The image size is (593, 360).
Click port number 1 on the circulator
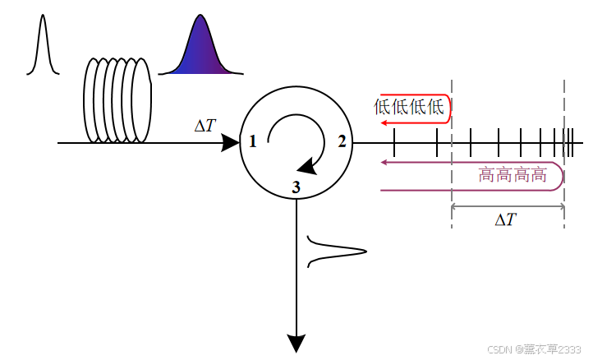pyautogui.click(x=253, y=142)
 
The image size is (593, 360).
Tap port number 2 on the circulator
pyautogui.click(x=342, y=142)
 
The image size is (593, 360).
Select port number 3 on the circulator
pyautogui.click(x=296, y=188)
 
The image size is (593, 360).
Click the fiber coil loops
pyautogui.click(x=117, y=100)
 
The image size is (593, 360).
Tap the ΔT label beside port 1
pyautogui.click(x=205, y=125)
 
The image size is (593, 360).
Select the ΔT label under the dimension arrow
pyautogui.click(x=506, y=219)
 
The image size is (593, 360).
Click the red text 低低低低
pyautogui.click(x=408, y=107)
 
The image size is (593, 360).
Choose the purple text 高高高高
pyautogui.click(x=513, y=175)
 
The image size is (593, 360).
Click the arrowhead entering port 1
pyautogui.click(x=230, y=143)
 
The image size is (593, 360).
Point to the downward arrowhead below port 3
pyautogui.click(x=296, y=343)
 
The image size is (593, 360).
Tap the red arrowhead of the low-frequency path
pyautogui.click(x=384, y=122)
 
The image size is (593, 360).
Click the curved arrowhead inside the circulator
pyautogui.click(x=306, y=166)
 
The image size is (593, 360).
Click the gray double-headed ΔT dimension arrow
pyautogui.click(x=508, y=205)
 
